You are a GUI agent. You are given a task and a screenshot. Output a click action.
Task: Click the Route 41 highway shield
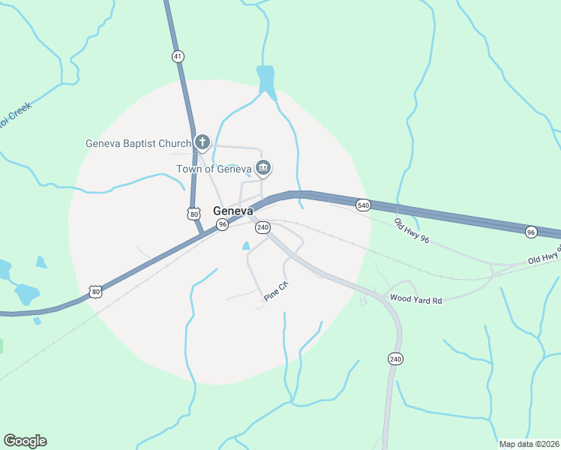[x=178, y=56]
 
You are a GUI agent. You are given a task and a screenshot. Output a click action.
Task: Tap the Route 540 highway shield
[x=363, y=205]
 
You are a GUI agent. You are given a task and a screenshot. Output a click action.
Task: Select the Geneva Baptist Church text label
[x=138, y=143]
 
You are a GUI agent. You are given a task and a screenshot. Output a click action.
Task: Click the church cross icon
[x=202, y=142]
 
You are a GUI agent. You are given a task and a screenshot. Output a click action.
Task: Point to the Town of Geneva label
[x=213, y=169]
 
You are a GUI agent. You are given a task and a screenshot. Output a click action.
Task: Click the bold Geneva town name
[x=232, y=211]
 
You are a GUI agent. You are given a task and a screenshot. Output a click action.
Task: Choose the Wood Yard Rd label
[x=416, y=300]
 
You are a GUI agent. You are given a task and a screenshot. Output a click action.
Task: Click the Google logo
[x=25, y=441]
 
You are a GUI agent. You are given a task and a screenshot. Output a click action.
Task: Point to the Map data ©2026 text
[x=529, y=444]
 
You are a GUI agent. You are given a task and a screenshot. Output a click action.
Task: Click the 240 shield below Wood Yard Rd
[x=395, y=359]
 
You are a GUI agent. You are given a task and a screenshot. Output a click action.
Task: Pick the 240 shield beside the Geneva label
[x=262, y=227]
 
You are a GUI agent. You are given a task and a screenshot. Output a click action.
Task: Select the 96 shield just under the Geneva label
[x=222, y=225]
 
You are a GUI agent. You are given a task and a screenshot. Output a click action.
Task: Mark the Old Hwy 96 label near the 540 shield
[x=412, y=230]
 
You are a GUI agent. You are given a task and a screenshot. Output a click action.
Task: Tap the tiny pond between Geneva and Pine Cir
[x=245, y=245]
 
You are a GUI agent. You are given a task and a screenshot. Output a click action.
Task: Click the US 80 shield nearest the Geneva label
[x=195, y=214]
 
